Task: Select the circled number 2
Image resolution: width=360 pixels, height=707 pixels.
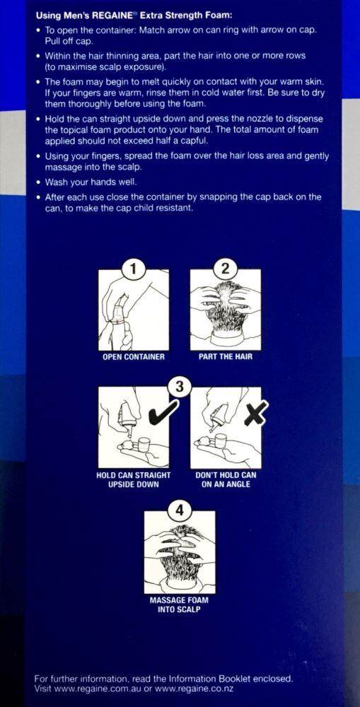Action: pyautogui.click(x=225, y=268)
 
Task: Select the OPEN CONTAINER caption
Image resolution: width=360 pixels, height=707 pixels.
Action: pyautogui.click(x=134, y=357)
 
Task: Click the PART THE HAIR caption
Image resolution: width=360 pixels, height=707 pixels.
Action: pyautogui.click(x=225, y=357)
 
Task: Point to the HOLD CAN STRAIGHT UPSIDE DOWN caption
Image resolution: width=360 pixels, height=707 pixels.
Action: pyautogui.click(x=134, y=480)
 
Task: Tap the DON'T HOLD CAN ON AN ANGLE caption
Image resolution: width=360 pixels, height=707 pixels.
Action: pyautogui.click(x=226, y=480)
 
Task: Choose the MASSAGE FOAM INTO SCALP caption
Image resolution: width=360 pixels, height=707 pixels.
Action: pyautogui.click(x=179, y=604)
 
